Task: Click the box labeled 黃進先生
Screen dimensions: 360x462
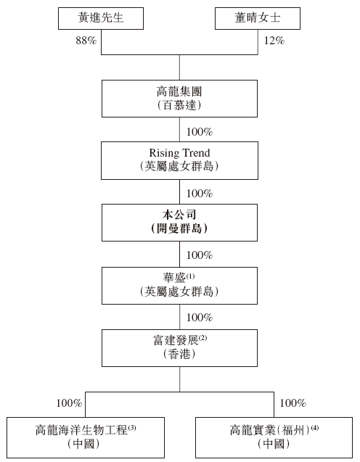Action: point(101,18)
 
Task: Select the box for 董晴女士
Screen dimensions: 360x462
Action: point(258,18)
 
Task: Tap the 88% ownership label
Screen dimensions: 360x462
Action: point(86,41)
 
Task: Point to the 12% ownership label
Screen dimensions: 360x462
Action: point(274,41)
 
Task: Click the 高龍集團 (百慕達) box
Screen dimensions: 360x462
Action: point(179,99)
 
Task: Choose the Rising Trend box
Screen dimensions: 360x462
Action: point(179,160)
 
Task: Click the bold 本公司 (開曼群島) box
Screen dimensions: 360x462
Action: point(179,223)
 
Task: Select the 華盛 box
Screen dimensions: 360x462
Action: point(179,286)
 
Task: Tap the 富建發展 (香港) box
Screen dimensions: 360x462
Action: point(179,348)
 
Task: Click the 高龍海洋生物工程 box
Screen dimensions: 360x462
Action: point(86,437)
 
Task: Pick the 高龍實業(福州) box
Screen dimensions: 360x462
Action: point(274,437)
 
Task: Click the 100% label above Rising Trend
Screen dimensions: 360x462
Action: point(200,132)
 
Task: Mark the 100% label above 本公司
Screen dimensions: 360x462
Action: point(200,194)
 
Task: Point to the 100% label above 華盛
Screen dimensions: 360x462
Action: point(200,255)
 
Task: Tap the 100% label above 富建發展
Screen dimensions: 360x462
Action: point(200,318)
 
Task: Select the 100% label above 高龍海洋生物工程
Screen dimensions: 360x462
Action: point(69,403)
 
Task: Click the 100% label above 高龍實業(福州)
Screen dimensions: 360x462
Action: point(293,403)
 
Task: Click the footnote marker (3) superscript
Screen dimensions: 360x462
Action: point(132,427)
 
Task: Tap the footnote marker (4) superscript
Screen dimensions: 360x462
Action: point(315,427)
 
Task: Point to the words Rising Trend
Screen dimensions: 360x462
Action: point(179,153)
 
